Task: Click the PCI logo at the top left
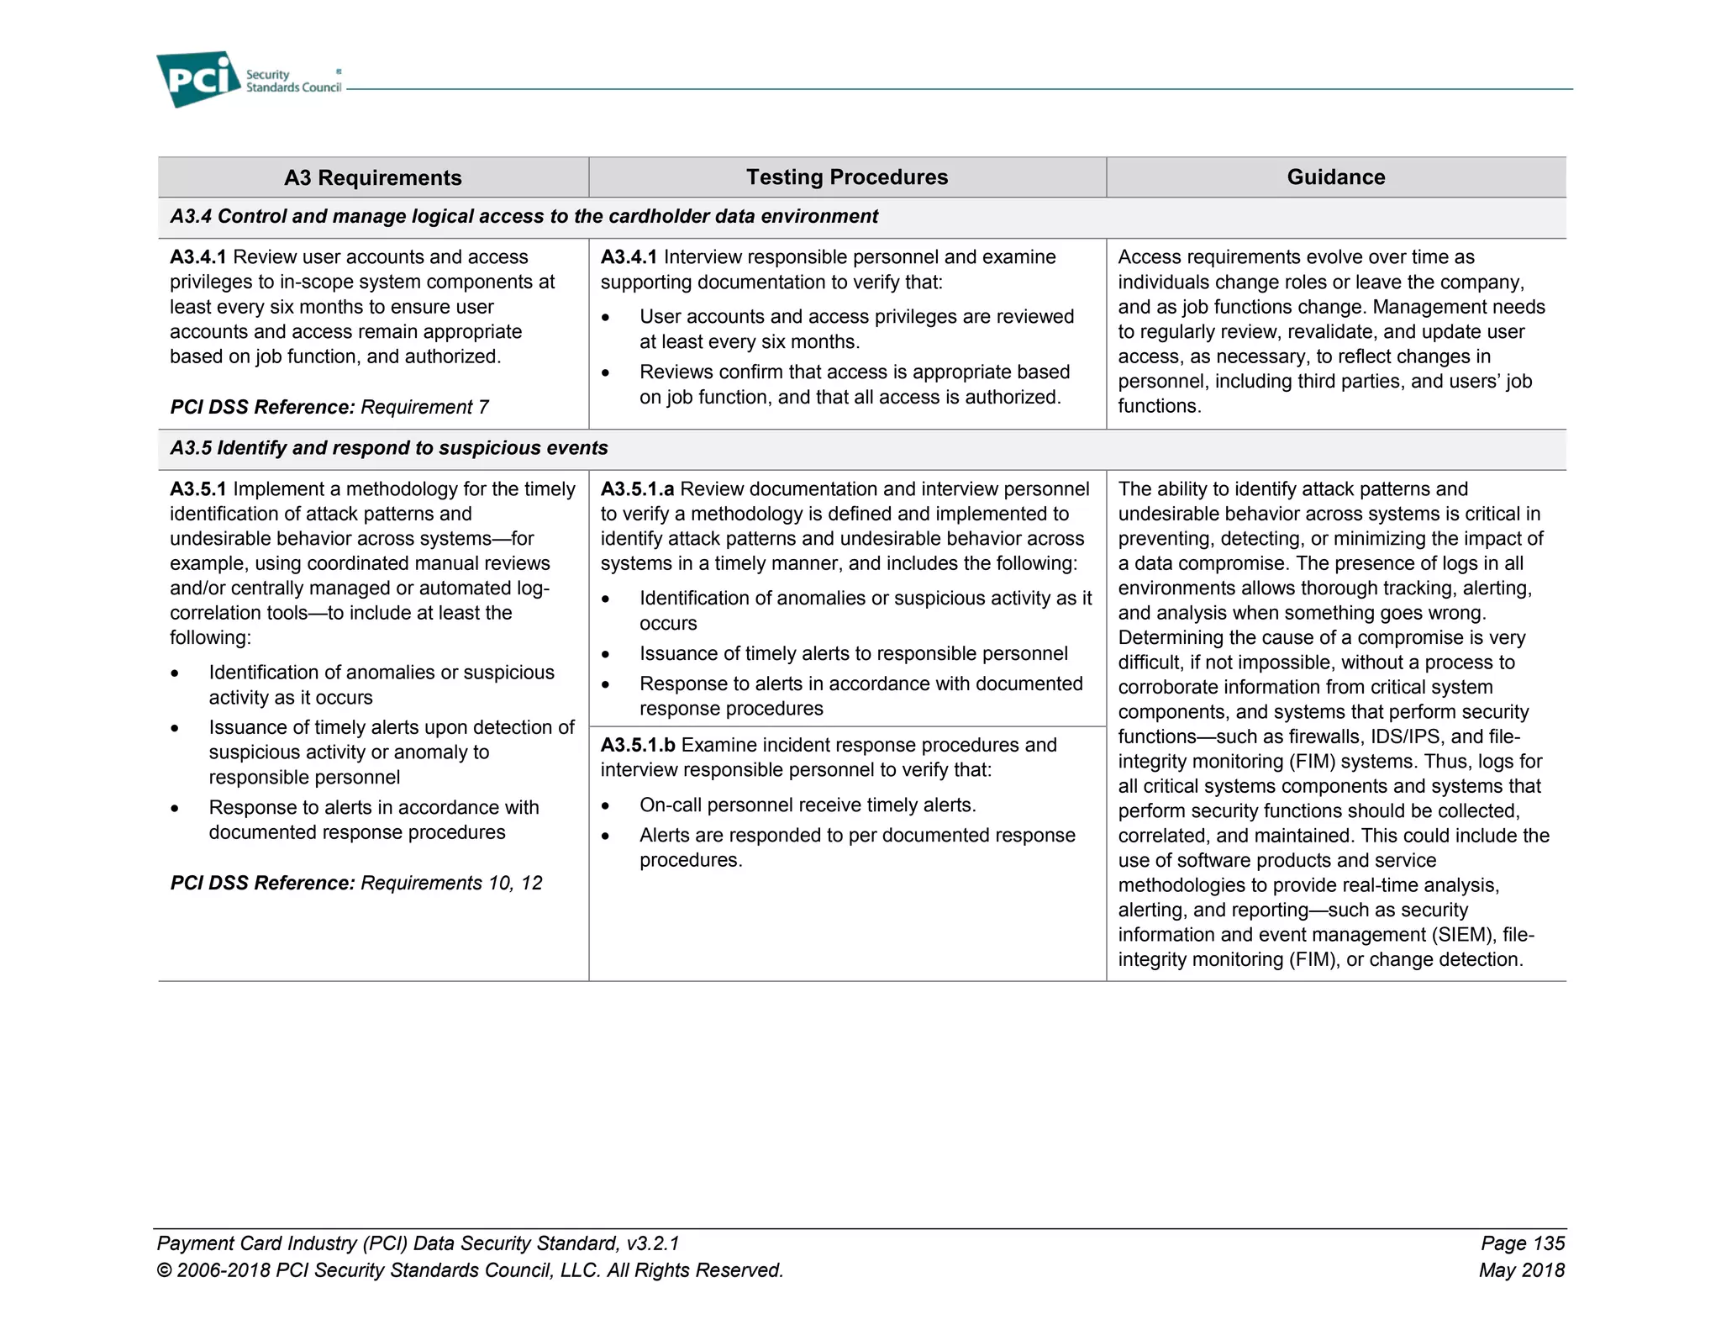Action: tap(198, 79)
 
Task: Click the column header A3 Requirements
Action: tap(372, 177)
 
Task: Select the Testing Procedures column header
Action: tap(846, 177)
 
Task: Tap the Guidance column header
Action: tap(1335, 177)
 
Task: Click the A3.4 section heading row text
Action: tap(524, 217)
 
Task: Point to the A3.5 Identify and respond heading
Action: tap(388, 448)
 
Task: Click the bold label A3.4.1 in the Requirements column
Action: tap(197, 257)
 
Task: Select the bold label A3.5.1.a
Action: tap(637, 489)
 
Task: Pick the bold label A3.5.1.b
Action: tap(637, 745)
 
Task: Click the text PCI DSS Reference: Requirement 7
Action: tap(329, 408)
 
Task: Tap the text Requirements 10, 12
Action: tap(451, 883)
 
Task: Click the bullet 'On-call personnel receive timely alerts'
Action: tap(807, 805)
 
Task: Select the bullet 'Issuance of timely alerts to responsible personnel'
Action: tap(853, 654)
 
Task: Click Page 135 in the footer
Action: tap(1522, 1243)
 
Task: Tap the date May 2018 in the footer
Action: tap(1521, 1270)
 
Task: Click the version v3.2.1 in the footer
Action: tap(652, 1243)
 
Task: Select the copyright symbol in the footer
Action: tap(165, 1271)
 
